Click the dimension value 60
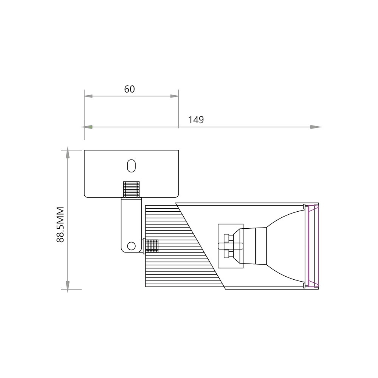pyautogui.click(x=129, y=89)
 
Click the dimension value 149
pyautogui.click(x=196, y=120)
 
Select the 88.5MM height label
pyautogui.click(x=60, y=225)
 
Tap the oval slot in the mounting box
pyautogui.click(x=132, y=166)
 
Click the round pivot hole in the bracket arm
pyautogui.click(x=131, y=246)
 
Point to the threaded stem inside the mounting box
pyautogui.click(x=132, y=189)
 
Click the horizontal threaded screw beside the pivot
pyautogui.click(x=151, y=246)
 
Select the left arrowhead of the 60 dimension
pyautogui.click(x=88, y=96)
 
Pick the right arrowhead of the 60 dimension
pyautogui.click(x=174, y=96)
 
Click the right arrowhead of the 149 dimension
pyautogui.click(x=316, y=127)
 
